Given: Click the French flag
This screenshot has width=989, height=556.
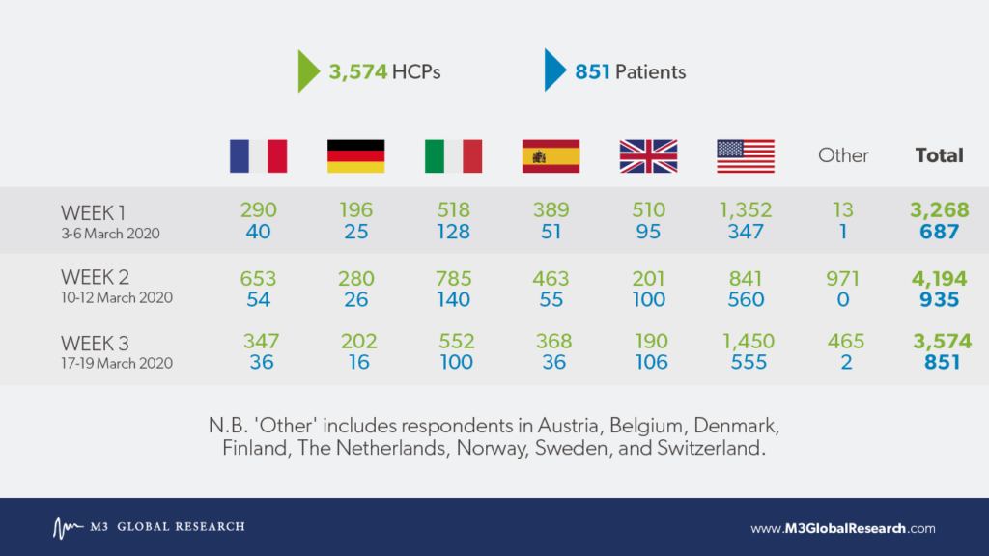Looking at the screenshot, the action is (x=258, y=155).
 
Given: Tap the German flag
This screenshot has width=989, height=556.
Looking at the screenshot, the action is (x=355, y=155).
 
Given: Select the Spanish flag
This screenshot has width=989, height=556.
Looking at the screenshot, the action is (x=551, y=155).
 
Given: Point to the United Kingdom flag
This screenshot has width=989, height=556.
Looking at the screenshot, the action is (x=648, y=155).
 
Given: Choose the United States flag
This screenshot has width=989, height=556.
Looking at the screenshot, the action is (x=746, y=155).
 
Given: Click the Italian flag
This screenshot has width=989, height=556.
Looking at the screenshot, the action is (x=454, y=155).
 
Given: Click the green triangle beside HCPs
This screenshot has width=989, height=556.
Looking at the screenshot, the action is (x=308, y=71).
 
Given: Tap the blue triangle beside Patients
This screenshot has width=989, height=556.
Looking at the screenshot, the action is (x=555, y=69).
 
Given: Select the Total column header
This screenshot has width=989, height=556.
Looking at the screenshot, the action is (x=939, y=155).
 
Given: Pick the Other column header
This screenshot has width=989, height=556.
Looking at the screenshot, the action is (x=843, y=155).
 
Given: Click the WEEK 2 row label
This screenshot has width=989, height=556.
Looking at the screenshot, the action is (x=95, y=277).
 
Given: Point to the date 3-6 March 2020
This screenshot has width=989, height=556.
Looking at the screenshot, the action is (x=110, y=234).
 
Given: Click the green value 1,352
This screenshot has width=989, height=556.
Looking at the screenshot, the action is (x=746, y=209).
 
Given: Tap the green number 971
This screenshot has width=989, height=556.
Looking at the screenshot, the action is (x=843, y=278).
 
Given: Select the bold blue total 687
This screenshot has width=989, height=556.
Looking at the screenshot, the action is (x=939, y=232).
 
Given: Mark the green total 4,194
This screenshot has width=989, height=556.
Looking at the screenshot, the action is (x=939, y=278).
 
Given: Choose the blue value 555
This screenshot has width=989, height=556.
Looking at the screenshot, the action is (x=749, y=362).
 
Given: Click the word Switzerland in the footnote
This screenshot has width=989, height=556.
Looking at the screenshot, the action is (x=710, y=448).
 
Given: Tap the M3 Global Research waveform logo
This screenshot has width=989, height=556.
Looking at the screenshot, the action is (x=68, y=528).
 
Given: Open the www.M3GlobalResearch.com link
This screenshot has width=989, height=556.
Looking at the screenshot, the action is (x=843, y=528).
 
